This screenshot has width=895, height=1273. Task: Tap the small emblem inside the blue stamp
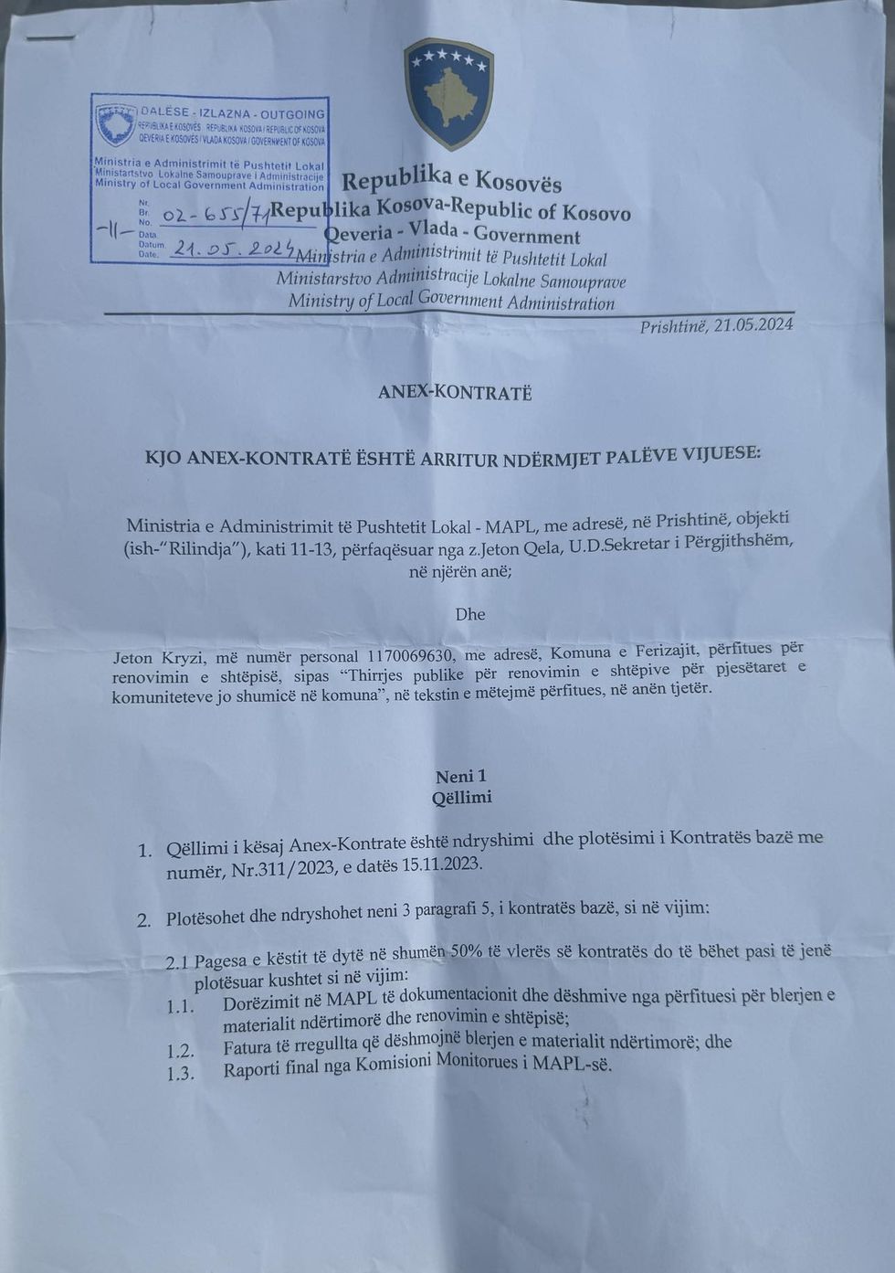click(x=116, y=124)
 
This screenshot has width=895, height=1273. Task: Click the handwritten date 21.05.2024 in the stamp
click(x=232, y=248)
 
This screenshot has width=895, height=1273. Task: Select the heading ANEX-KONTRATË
click(x=455, y=393)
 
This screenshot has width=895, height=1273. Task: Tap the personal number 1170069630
click(x=411, y=656)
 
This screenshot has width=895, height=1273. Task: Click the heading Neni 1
click(x=460, y=777)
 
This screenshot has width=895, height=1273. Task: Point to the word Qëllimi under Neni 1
click(x=461, y=798)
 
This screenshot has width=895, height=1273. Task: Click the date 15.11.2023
click(x=442, y=865)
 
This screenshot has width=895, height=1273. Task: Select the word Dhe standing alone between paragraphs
click(x=470, y=614)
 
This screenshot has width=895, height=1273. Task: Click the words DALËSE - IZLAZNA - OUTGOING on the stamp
click(x=232, y=113)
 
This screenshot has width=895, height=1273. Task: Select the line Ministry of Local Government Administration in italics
click(x=451, y=301)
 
